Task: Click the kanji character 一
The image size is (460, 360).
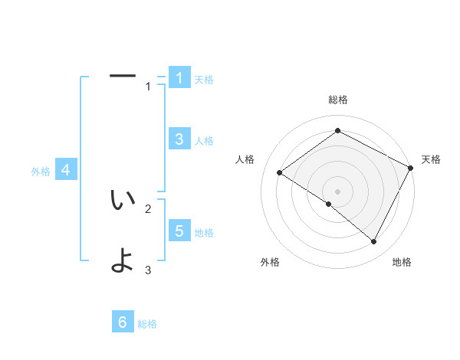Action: point(123,76)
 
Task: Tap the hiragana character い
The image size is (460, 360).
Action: point(123,200)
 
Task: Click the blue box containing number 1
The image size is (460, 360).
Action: point(179,77)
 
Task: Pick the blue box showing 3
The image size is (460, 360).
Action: point(179,139)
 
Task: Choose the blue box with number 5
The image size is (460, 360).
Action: point(179,231)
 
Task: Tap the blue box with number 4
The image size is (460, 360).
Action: point(66,170)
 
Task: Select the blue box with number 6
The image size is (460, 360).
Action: point(123,322)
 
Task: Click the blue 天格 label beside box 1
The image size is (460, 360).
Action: point(204,80)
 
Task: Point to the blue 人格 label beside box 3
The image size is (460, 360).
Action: point(204,141)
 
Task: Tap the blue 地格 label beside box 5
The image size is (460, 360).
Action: point(204,233)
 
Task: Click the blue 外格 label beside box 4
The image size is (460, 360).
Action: point(41,172)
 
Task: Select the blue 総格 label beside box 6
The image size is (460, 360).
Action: point(147,325)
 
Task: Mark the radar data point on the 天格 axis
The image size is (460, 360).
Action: point(411,168)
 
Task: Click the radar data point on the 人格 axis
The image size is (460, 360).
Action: point(280,173)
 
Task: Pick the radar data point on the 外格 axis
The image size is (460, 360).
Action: point(329,205)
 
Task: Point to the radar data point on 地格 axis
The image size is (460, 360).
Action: point(374,242)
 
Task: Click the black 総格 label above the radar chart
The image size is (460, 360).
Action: point(338,100)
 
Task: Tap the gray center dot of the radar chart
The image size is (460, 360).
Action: point(338,191)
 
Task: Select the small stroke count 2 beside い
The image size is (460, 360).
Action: point(149,208)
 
